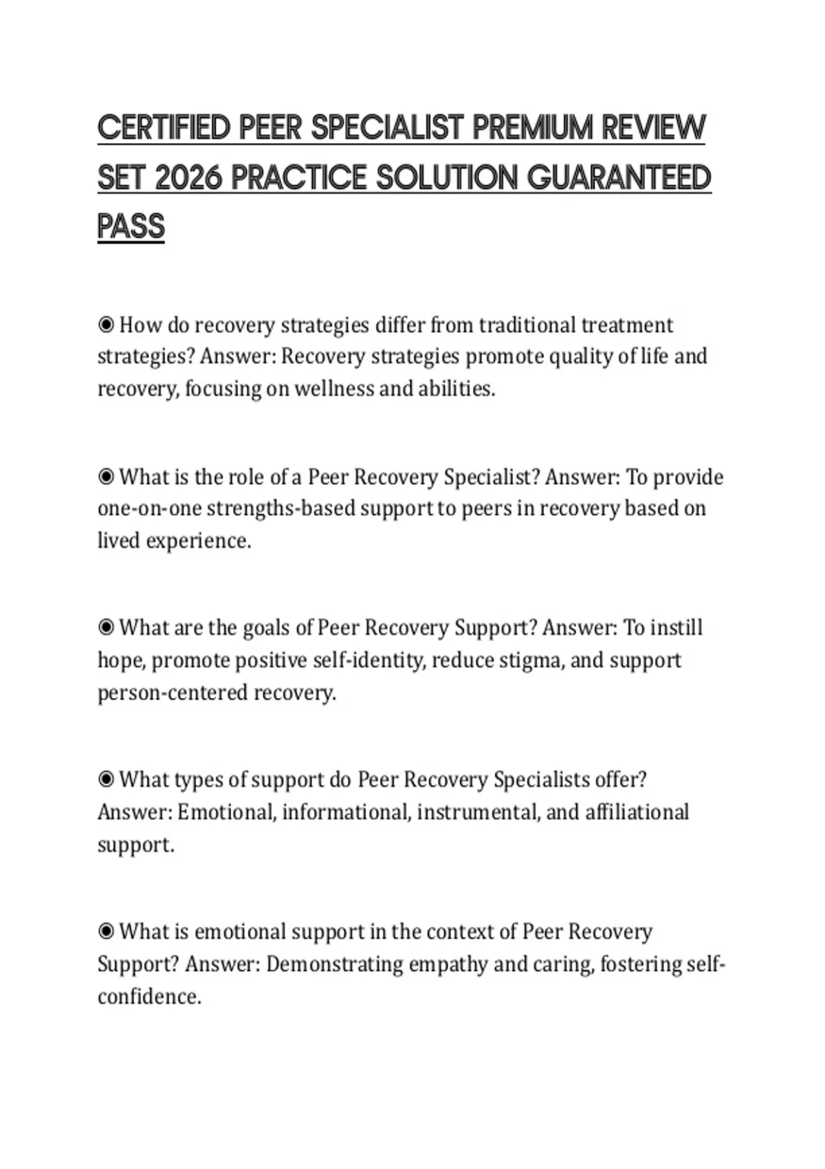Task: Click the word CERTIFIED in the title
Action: click(x=163, y=128)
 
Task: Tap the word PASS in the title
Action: click(x=131, y=227)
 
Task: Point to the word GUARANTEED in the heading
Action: click(x=619, y=178)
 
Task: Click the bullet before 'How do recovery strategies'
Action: click(x=106, y=325)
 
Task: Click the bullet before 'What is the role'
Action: click(x=106, y=477)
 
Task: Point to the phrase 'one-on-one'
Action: click(x=148, y=509)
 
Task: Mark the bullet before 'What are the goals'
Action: click(x=106, y=628)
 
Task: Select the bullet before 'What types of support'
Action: click(x=106, y=780)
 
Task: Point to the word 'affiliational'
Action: click(x=637, y=812)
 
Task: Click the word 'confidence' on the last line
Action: click(x=148, y=997)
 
